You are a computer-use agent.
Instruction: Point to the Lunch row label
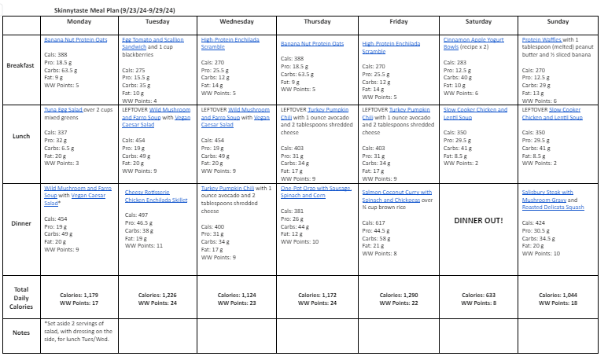[22, 136]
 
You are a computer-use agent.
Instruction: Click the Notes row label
[22, 332]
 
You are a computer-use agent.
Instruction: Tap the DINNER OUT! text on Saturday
[478, 220]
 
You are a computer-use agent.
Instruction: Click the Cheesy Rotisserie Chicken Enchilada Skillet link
[156, 196]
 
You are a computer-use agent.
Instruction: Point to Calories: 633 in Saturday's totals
[477, 295]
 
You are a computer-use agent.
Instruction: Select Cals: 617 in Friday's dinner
[374, 222]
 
